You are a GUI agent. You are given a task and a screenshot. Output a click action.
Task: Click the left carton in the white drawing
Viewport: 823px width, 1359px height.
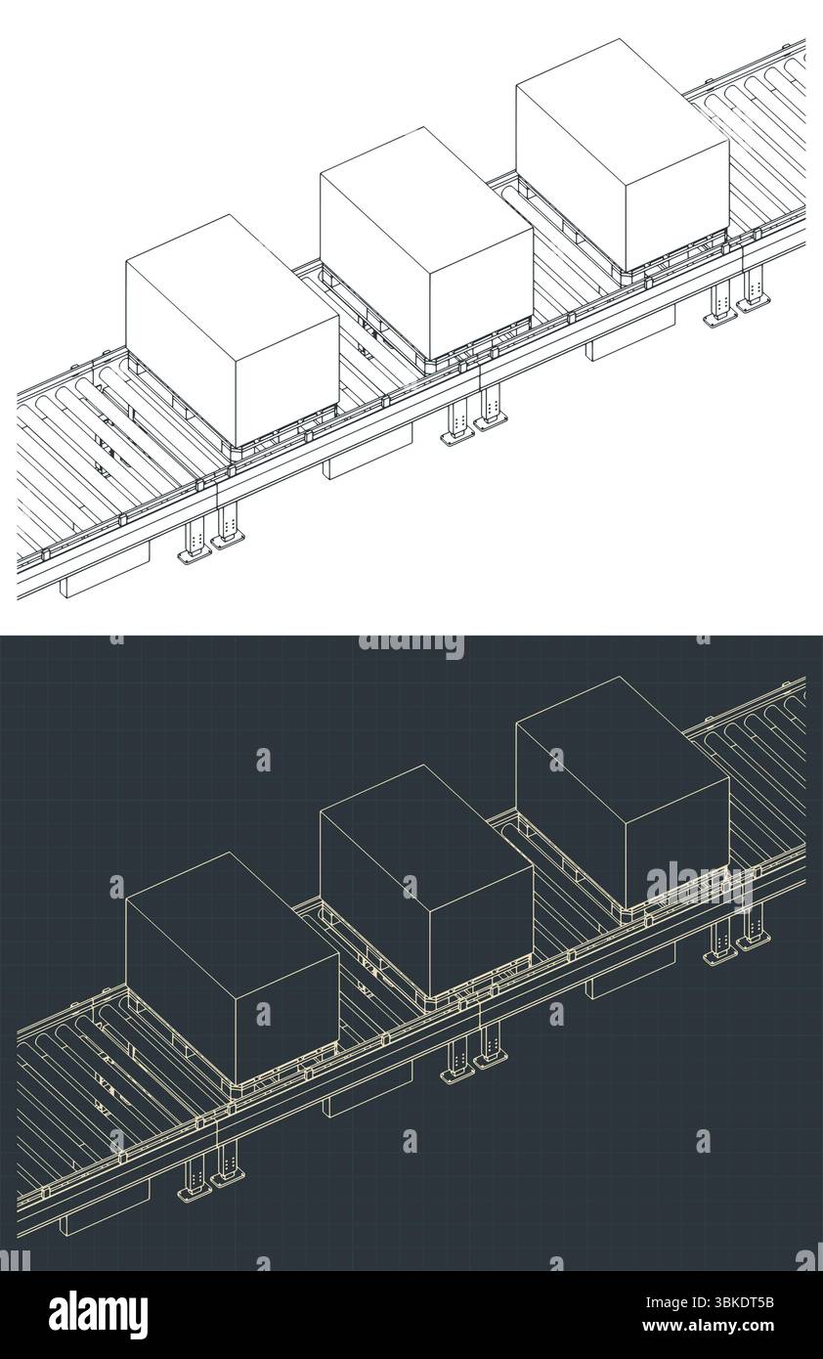tap(232, 332)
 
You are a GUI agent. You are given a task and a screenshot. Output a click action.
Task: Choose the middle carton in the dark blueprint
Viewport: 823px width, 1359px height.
tap(426, 880)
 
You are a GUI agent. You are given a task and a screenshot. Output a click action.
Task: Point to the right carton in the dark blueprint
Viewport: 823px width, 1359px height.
tap(622, 792)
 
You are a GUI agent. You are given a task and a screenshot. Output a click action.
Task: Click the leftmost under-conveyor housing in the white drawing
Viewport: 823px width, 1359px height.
tap(106, 572)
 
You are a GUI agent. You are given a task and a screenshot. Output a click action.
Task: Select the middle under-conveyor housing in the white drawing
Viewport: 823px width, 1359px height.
tap(368, 455)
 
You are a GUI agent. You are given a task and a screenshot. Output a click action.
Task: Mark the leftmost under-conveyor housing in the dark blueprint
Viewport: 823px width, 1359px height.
tap(106, 1209)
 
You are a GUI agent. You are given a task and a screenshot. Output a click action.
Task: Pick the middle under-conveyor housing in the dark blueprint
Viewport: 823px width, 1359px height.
tap(368, 1092)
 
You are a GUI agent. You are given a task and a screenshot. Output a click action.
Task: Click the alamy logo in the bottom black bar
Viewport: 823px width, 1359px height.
tap(98, 1315)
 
